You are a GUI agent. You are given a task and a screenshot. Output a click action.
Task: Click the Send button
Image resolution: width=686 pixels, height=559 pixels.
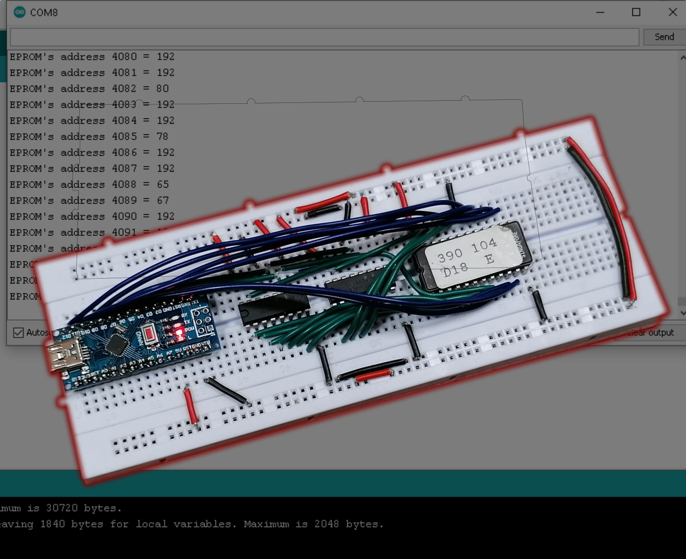tap(664, 37)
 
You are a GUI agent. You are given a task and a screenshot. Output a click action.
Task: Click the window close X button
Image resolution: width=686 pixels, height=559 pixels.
tap(672, 12)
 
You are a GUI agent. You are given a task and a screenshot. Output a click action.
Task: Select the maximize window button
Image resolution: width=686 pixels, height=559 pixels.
tap(636, 12)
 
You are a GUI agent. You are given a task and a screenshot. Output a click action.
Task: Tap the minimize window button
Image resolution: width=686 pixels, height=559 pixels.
tap(600, 12)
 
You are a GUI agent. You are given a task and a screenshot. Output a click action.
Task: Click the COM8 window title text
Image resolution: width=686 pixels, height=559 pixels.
tap(44, 12)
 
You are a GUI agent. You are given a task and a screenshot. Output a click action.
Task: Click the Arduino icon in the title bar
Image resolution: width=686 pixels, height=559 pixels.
tap(20, 12)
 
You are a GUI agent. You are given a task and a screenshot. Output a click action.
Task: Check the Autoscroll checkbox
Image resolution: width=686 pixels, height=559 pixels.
tap(19, 332)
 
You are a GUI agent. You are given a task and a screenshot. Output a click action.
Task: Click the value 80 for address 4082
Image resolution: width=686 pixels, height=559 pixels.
tap(163, 88)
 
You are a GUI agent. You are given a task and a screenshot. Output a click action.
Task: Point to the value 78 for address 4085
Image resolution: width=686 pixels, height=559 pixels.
tap(163, 136)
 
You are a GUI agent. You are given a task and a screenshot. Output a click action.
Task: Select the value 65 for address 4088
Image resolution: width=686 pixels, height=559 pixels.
tap(163, 185)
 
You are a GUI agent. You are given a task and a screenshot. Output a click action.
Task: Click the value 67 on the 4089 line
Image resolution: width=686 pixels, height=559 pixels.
tap(163, 200)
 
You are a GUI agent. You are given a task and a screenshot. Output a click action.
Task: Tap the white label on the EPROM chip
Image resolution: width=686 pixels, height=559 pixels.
tap(468, 257)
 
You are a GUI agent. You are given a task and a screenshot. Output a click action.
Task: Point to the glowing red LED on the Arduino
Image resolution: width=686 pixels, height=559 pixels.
tap(178, 331)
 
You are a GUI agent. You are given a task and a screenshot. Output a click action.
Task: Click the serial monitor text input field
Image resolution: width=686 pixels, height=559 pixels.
tap(324, 37)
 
